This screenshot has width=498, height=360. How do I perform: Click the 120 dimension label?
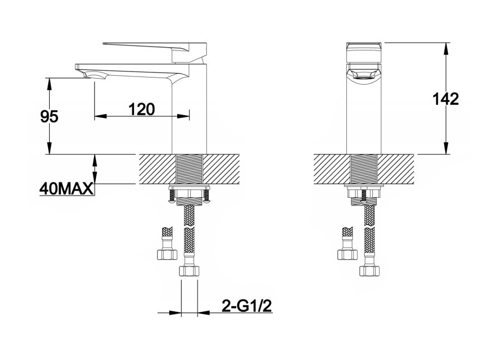pos(141,110)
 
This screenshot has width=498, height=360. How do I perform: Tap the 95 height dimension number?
pos(49,117)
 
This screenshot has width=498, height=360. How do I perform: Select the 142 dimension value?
pos(445,99)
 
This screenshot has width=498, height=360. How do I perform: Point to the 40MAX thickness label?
pos(66,189)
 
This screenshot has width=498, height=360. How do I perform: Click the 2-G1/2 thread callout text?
pos(247,306)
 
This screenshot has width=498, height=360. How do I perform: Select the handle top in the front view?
pos(364,52)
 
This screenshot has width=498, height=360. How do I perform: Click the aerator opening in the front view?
pos(364,77)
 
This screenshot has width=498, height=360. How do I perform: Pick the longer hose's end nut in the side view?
pos(189,271)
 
